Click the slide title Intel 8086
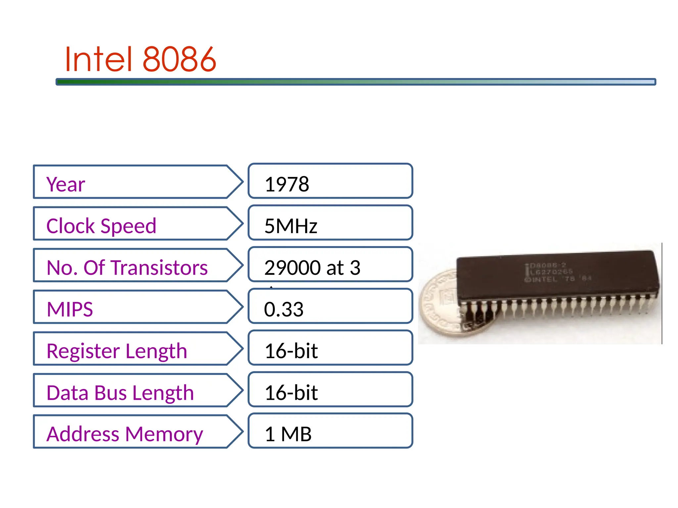140,60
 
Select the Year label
66,184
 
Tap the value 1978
287,184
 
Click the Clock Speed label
101,226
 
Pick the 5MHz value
291,226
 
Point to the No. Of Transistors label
127,268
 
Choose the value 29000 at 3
312,268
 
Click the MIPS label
70,309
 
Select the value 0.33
283,309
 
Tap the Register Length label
117,351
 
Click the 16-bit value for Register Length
291,351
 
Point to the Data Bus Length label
120,393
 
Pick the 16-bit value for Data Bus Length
291,393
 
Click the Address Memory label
124,434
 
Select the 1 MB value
288,434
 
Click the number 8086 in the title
179,60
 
